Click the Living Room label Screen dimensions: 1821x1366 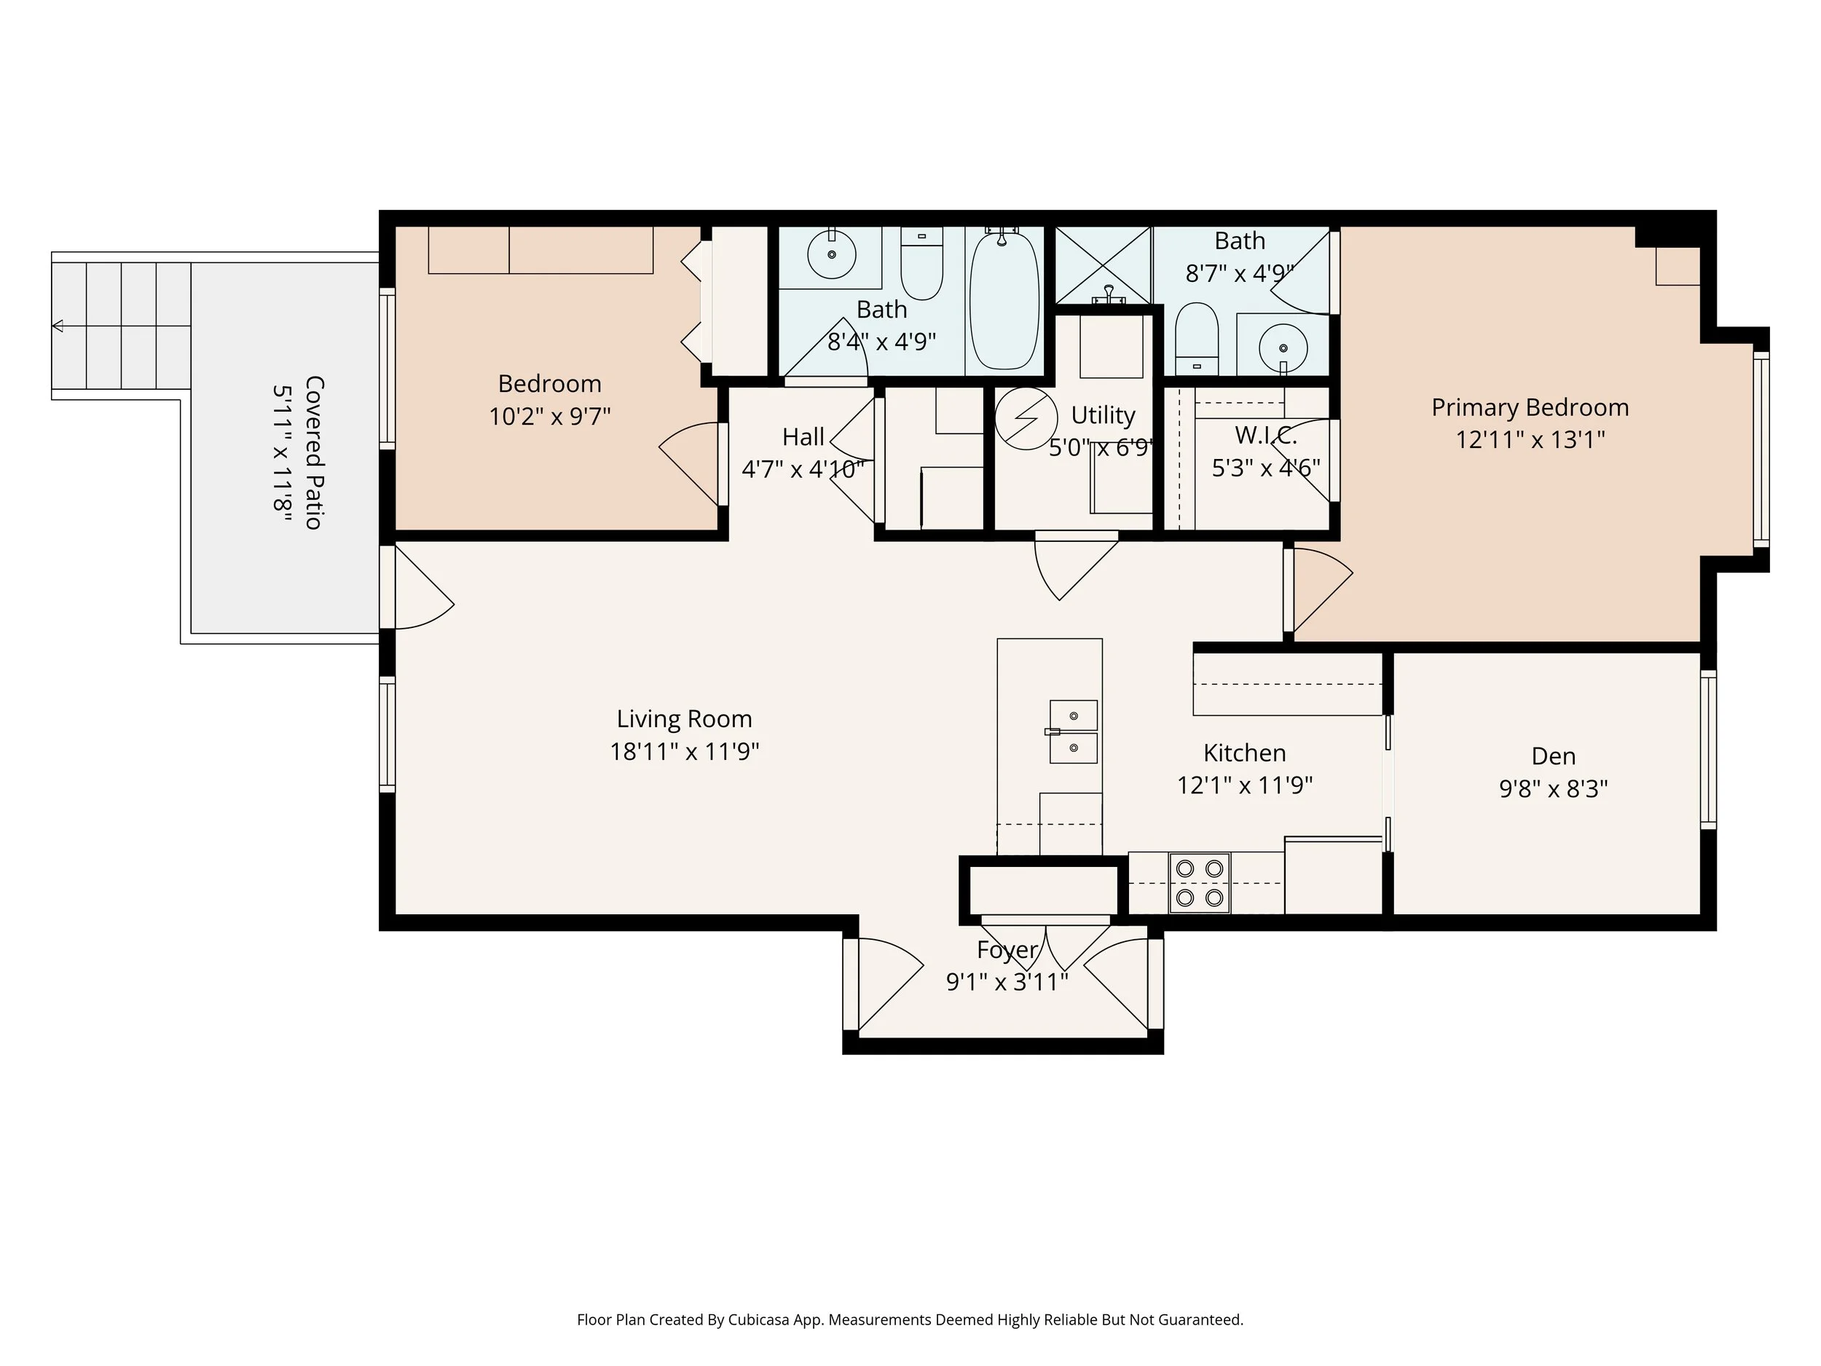click(x=684, y=719)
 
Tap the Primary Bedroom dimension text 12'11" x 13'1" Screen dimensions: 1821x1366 click(x=1530, y=440)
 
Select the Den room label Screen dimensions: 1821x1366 click(x=1554, y=756)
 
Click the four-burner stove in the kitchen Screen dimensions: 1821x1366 click(x=1200, y=883)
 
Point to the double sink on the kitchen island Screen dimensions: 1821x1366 click(x=1074, y=732)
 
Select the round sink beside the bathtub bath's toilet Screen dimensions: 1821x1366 click(x=832, y=254)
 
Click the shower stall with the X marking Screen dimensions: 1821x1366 click(x=1103, y=265)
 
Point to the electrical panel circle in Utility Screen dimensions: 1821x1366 click(x=1026, y=418)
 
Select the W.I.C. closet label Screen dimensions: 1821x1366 click(x=1266, y=435)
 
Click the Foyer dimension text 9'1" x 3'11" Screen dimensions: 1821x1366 click(x=1007, y=982)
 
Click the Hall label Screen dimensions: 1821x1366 click(x=803, y=436)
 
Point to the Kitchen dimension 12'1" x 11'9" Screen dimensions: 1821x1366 click(x=1245, y=785)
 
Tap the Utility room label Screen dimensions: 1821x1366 click(x=1103, y=416)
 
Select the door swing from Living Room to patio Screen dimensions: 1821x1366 click(x=425, y=586)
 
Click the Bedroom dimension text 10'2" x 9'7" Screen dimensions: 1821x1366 click(x=550, y=417)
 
